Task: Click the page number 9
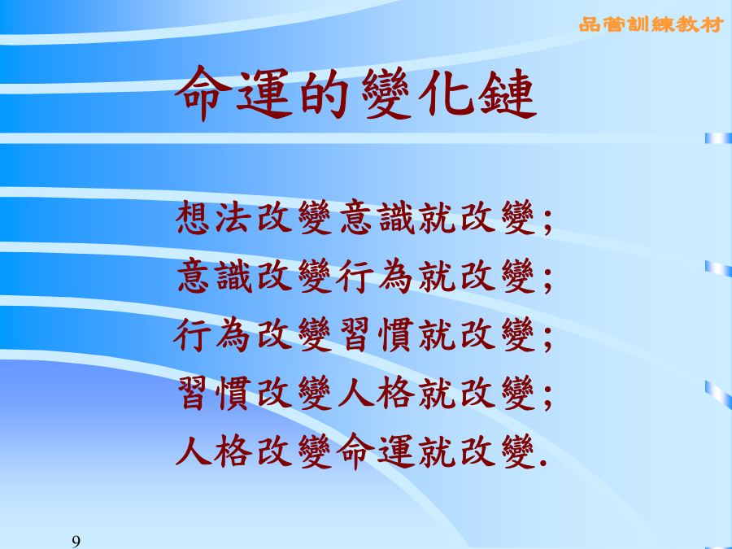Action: [76, 542]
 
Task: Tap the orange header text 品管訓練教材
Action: [651, 24]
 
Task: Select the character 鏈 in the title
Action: [507, 93]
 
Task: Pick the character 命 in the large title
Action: [203, 93]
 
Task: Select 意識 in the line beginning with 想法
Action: [377, 217]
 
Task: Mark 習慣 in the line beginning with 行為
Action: [377, 334]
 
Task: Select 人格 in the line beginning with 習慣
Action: [377, 393]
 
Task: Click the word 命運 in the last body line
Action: [376, 451]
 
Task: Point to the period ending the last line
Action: [542, 464]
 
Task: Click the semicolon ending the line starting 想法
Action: [547, 221]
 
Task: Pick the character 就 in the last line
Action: [437, 451]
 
